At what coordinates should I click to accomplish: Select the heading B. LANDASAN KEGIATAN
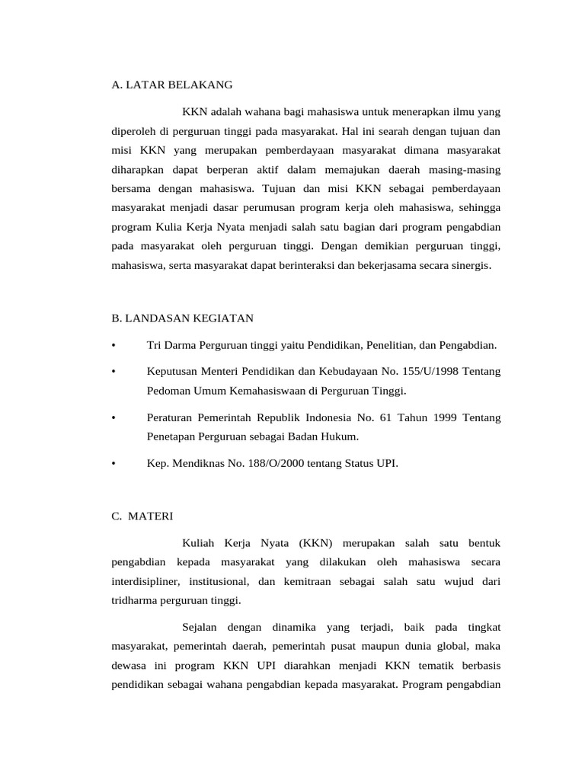(182, 317)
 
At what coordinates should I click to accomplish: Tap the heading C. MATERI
(142, 516)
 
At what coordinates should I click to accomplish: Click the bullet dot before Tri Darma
(113, 345)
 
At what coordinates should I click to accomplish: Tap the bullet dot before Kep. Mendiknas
(113, 463)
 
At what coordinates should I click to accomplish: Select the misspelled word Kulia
(171, 227)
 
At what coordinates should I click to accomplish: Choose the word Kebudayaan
(346, 371)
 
